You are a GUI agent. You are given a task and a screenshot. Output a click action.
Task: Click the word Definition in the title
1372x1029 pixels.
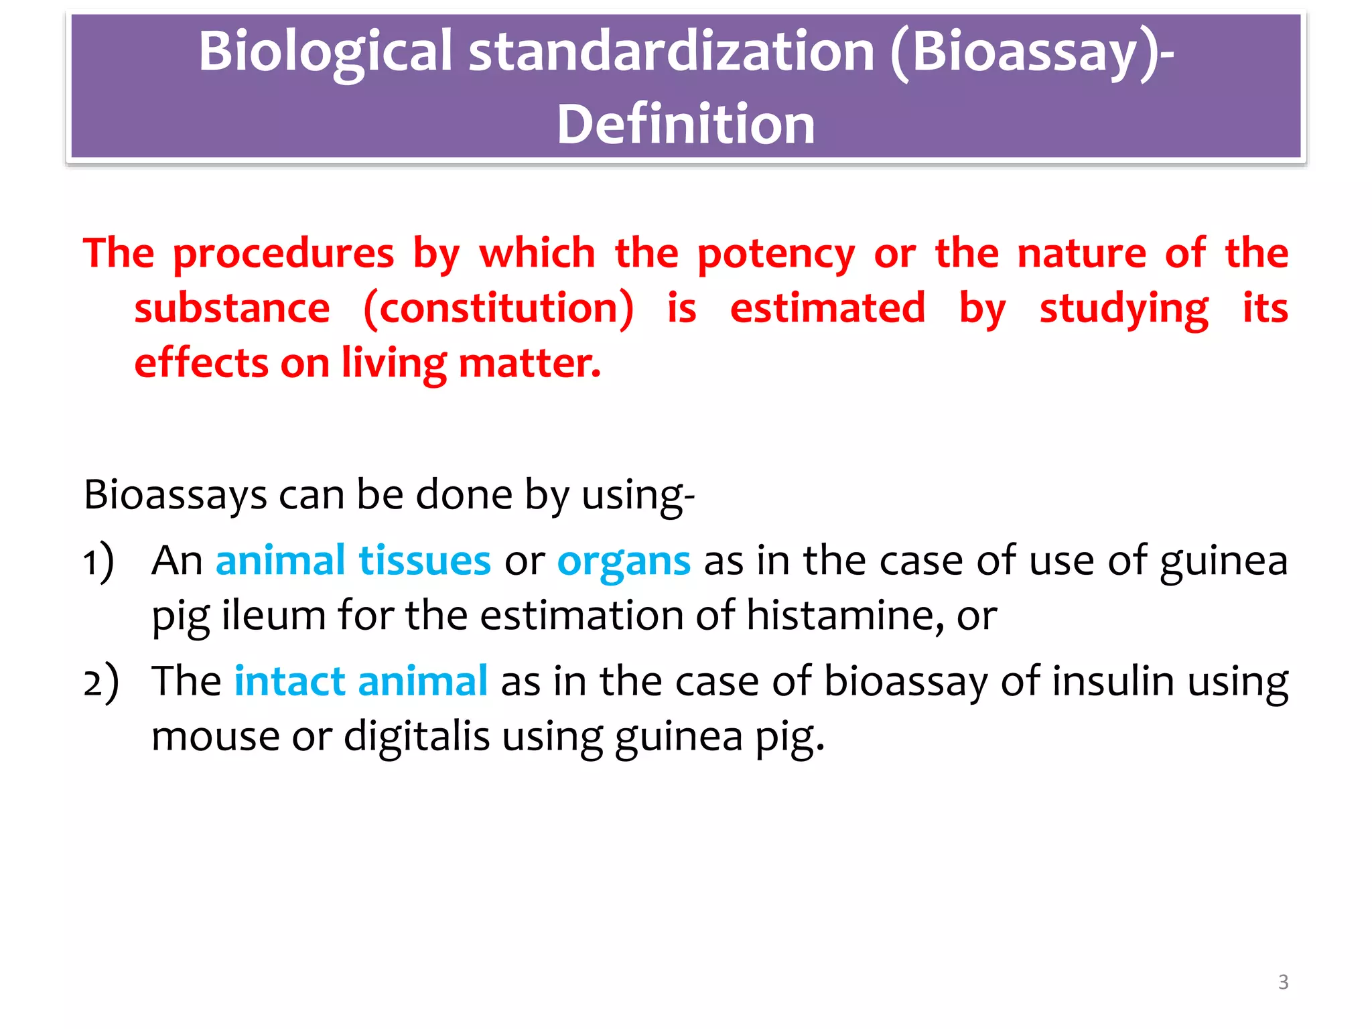pos(686,125)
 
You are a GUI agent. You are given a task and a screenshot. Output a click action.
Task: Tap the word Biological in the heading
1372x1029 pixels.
pos(326,52)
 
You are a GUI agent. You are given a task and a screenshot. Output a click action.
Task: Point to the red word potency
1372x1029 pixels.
pos(776,255)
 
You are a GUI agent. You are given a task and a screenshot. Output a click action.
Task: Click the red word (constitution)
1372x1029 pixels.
pos(498,310)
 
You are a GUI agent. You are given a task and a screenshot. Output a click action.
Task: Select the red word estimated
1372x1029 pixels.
pos(827,308)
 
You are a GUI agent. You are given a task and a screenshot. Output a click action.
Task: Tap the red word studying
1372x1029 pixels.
pos(1124,310)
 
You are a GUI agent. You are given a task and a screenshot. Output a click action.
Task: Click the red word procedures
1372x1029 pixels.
pos(284,255)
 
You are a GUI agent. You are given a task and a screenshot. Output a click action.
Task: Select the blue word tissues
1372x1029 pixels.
pos(425,561)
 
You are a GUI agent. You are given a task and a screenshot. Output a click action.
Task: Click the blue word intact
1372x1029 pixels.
pos(289,681)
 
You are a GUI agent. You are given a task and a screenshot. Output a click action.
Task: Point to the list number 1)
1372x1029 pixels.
pos(98,561)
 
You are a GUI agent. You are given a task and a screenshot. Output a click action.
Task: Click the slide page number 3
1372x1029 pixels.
pos(1283,982)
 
